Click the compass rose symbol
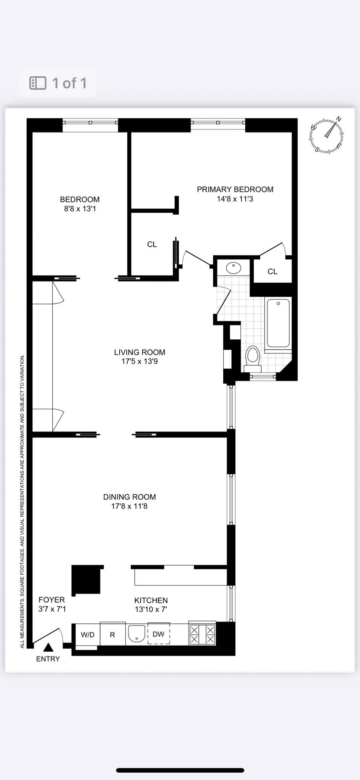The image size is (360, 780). tap(326, 135)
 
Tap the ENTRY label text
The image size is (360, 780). tap(48, 659)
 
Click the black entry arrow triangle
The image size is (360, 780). tap(48, 647)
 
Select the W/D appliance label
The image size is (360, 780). tap(88, 635)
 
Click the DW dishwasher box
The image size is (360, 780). tap(158, 635)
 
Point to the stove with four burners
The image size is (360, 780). tap(202, 635)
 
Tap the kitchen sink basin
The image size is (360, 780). tap(136, 634)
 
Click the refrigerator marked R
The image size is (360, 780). tap(112, 635)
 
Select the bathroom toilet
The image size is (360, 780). tap(253, 358)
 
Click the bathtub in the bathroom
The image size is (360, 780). tap(278, 323)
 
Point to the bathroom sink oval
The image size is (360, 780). tap(234, 268)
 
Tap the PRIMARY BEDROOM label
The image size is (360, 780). tap(235, 189)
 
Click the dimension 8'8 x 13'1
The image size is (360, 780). tap(80, 209)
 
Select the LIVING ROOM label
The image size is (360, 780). tap(139, 352)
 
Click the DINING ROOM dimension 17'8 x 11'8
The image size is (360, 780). tap(129, 506)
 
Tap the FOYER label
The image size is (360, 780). tap(52, 600)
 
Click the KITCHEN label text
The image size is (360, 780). tap(151, 600)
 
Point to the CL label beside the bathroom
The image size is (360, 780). tap(272, 272)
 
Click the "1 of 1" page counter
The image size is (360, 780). tap(69, 83)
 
